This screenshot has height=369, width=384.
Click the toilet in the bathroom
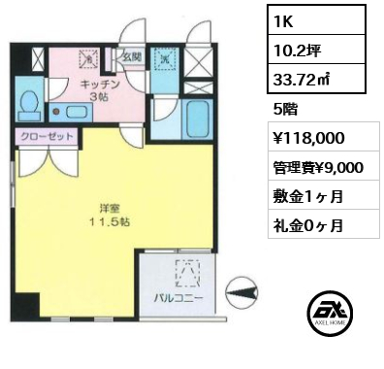click(x=30, y=103)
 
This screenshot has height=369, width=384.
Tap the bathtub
click(x=197, y=119)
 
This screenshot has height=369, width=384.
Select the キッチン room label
click(x=100, y=84)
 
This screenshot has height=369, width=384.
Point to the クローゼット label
click(x=47, y=136)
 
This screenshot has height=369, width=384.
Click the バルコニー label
click(x=178, y=298)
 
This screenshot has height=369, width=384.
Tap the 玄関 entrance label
click(x=132, y=57)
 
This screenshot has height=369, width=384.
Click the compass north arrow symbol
click(x=242, y=292)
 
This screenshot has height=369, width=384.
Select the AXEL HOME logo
click(x=330, y=313)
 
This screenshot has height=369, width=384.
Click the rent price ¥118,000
click(x=308, y=138)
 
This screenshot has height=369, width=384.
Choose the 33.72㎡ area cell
click(x=316, y=79)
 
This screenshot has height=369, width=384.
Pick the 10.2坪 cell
click(x=316, y=50)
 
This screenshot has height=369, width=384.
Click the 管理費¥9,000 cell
click(x=318, y=167)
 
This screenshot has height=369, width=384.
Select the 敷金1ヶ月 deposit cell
click(x=308, y=196)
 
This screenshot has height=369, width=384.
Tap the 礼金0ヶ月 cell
click(x=308, y=225)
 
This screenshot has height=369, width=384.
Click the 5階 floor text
click(x=285, y=110)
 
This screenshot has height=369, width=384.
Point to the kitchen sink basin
click(x=77, y=112)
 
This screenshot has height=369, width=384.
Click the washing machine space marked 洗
click(x=166, y=58)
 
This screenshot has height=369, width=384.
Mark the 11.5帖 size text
click(x=110, y=221)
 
